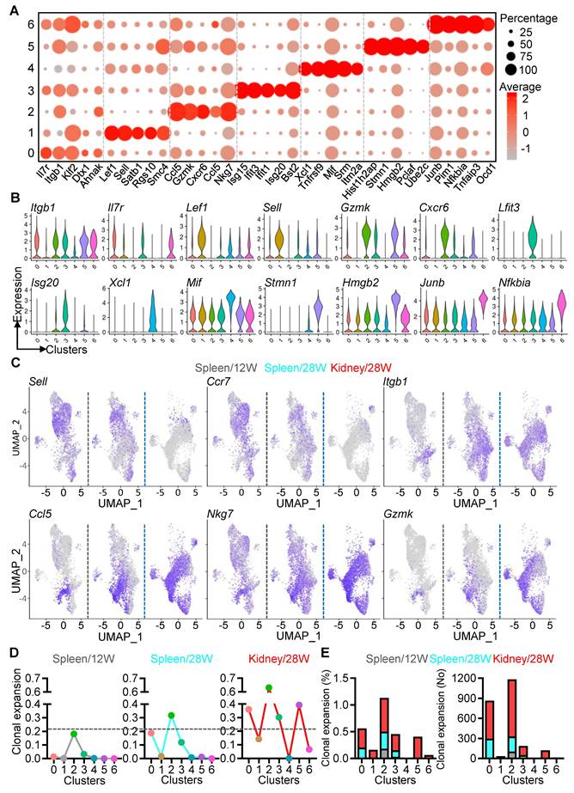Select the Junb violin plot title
[x=430, y=280]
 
